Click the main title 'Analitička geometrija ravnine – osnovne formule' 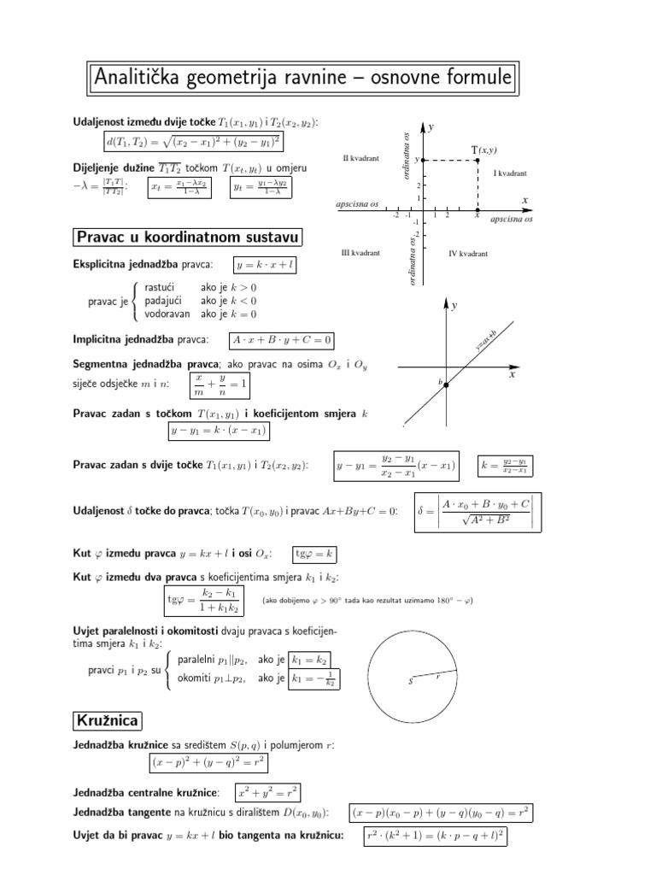pos(302,79)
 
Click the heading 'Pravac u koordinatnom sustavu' pos(187,237)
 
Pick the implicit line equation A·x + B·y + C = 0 pos(281,340)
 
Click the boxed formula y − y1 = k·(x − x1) pos(219,432)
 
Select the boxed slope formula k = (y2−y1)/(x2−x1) pos(506,467)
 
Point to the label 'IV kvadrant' pos(467,253)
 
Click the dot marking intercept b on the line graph pos(446,385)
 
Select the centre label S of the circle pos(411,681)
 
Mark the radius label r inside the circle pos(437,675)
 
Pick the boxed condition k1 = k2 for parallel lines pos(310,660)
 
